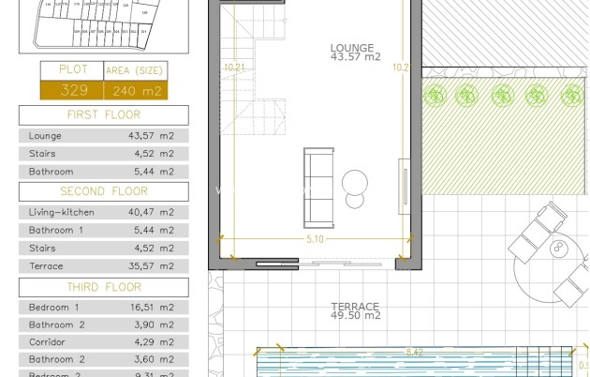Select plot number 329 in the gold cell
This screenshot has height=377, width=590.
[x=72, y=90]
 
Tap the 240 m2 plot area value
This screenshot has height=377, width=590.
[x=135, y=91]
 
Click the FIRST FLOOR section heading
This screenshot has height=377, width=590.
[x=103, y=114]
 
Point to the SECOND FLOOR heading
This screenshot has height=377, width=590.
[x=103, y=190]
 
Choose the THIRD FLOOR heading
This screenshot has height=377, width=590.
[x=103, y=287]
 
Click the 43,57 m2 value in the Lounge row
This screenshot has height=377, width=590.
[x=151, y=135]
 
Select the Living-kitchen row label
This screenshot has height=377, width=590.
[x=62, y=212]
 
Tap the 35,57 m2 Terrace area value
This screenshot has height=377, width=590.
[x=151, y=266]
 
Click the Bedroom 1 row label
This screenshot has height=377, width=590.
[x=54, y=307]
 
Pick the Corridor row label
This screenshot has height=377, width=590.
[x=49, y=341]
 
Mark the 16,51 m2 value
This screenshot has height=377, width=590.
[x=151, y=307]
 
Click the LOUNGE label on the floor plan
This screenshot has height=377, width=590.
[x=352, y=48]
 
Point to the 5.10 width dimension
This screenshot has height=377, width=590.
[x=315, y=239]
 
